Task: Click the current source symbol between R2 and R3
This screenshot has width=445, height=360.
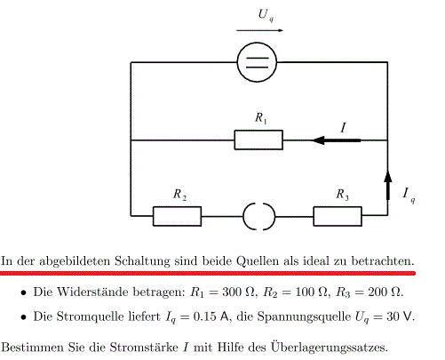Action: click(x=243, y=217)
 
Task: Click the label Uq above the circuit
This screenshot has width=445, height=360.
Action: click(x=266, y=15)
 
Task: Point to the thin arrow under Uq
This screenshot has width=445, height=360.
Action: click(x=259, y=30)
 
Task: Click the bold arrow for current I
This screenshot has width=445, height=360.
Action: click(x=337, y=140)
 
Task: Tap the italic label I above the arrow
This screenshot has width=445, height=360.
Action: click(x=343, y=128)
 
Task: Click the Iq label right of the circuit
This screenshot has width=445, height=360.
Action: click(x=409, y=195)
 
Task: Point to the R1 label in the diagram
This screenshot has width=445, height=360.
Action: click(x=261, y=118)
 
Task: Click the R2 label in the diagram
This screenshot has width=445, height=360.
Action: click(x=179, y=195)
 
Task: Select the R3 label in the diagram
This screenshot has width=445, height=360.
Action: click(x=342, y=195)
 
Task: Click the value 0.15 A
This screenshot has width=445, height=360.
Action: click(x=212, y=316)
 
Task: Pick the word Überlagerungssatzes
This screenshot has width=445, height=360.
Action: click(x=329, y=347)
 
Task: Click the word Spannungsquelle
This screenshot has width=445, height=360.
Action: click(x=304, y=317)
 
